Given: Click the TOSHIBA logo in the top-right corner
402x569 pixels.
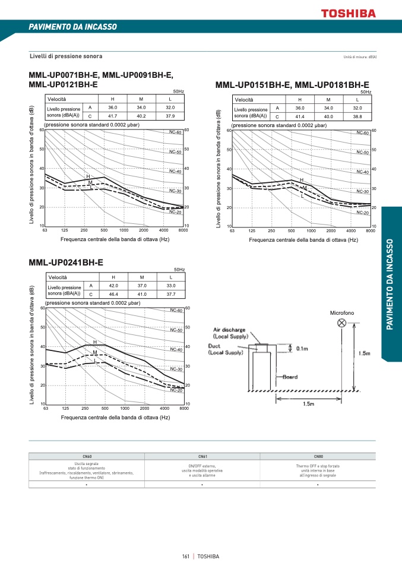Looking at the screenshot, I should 349,12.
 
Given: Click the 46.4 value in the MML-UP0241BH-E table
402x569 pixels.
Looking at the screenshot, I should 113,294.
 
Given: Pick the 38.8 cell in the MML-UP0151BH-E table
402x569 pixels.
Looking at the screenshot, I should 357,117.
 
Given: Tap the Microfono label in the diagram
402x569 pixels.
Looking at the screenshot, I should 341,312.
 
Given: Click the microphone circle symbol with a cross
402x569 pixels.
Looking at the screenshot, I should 342,323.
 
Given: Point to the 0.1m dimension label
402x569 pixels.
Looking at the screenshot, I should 302,349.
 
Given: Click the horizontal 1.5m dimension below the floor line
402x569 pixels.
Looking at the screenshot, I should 309,404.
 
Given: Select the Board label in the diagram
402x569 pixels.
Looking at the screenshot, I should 290,377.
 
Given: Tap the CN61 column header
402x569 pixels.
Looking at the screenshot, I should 202,456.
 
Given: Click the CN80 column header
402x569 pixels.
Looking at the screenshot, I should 318,456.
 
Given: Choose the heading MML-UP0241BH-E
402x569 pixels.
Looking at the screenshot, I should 66,262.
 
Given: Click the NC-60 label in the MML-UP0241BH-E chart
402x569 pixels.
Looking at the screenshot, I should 176,310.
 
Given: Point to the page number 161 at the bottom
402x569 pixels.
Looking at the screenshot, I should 186,557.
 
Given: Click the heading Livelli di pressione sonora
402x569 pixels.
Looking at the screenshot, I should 66,56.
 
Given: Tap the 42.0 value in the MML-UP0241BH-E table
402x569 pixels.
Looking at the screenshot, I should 113,286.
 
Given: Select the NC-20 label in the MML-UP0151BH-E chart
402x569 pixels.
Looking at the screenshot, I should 363,212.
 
